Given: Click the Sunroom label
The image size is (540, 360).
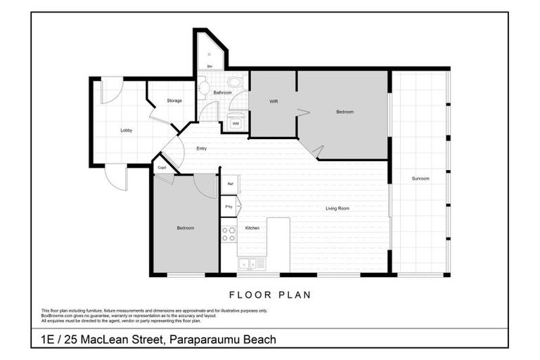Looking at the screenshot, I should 420,179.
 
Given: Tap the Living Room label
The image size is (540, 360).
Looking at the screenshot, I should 337,208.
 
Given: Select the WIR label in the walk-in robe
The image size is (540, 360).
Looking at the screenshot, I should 275,101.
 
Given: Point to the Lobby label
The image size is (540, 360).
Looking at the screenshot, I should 127,130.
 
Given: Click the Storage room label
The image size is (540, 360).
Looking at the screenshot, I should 174,101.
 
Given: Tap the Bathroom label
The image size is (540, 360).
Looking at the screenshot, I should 223,92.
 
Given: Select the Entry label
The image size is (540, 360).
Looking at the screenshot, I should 202,148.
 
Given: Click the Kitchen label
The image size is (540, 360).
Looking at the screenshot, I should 252,228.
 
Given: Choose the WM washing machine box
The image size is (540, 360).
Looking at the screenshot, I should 235,124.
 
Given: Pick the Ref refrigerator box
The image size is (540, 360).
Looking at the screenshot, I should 230,184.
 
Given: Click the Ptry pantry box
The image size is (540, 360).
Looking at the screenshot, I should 230,207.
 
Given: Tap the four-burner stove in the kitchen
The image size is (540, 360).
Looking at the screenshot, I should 229,234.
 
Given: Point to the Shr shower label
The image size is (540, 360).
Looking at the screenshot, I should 210,67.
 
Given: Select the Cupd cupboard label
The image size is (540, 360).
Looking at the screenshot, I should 162,167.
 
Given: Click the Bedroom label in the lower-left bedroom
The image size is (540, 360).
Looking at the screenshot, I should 185,228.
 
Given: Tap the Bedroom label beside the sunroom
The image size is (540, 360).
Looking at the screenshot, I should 345,112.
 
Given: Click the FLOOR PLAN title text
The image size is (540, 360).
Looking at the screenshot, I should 270,295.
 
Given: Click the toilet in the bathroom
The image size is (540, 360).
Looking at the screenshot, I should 203,89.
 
